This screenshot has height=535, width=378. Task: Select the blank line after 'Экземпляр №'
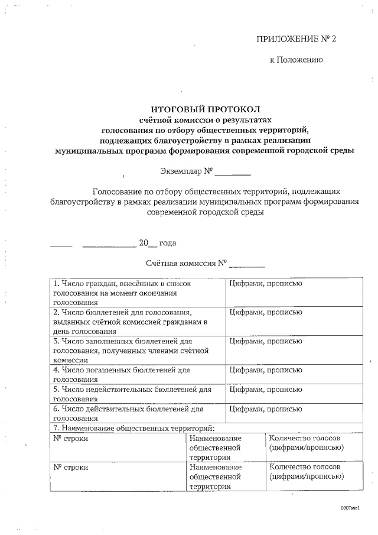pyautogui.click(x=233, y=174)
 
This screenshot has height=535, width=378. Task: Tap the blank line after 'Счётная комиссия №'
pyautogui.click(x=247, y=264)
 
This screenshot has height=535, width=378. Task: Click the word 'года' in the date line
pyautogui.click(x=168, y=242)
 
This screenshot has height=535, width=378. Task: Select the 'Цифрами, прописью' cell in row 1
pyautogui.click(x=266, y=284)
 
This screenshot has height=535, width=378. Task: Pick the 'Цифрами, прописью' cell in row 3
pyautogui.click(x=266, y=341)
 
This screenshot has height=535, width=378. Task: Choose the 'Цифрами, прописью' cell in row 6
pyautogui.click(x=266, y=408)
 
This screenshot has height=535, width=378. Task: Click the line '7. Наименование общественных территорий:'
pyautogui.click(x=133, y=428)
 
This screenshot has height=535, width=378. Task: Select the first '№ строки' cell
pyautogui.click(x=71, y=438)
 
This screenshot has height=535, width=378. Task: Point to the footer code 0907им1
pyautogui.click(x=350, y=508)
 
